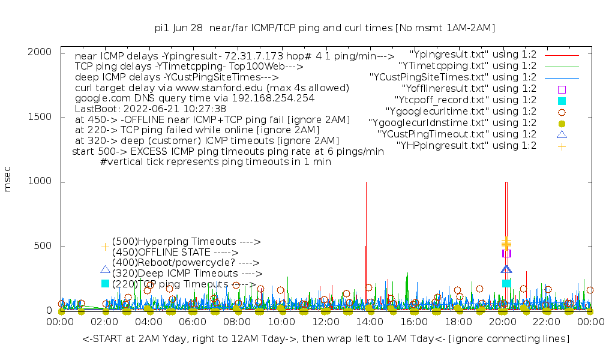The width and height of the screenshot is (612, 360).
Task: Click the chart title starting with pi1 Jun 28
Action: click(x=325, y=28)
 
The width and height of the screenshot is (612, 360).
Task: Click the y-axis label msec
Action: click(x=8, y=181)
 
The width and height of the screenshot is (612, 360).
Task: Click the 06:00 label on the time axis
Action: click(x=193, y=322)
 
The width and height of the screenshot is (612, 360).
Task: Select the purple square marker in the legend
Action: click(x=562, y=89)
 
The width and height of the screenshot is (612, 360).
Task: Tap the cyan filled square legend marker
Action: click(x=562, y=101)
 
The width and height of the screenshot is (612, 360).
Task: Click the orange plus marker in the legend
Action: click(x=562, y=146)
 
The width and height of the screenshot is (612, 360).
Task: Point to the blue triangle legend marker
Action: click(x=562, y=134)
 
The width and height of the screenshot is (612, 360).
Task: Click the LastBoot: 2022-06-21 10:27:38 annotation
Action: click(x=151, y=109)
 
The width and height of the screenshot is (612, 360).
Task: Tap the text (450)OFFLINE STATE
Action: click(x=175, y=253)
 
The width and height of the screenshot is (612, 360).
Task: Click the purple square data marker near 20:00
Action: click(x=506, y=253)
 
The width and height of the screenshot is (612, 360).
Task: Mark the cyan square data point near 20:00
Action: click(x=506, y=283)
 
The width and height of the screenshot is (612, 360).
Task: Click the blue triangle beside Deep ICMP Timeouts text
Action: click(x=105, y=271)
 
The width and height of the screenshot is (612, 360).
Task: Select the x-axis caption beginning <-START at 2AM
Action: click(x=326, y=339)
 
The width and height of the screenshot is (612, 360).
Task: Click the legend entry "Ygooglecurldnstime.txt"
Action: click(x=452, y=123)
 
